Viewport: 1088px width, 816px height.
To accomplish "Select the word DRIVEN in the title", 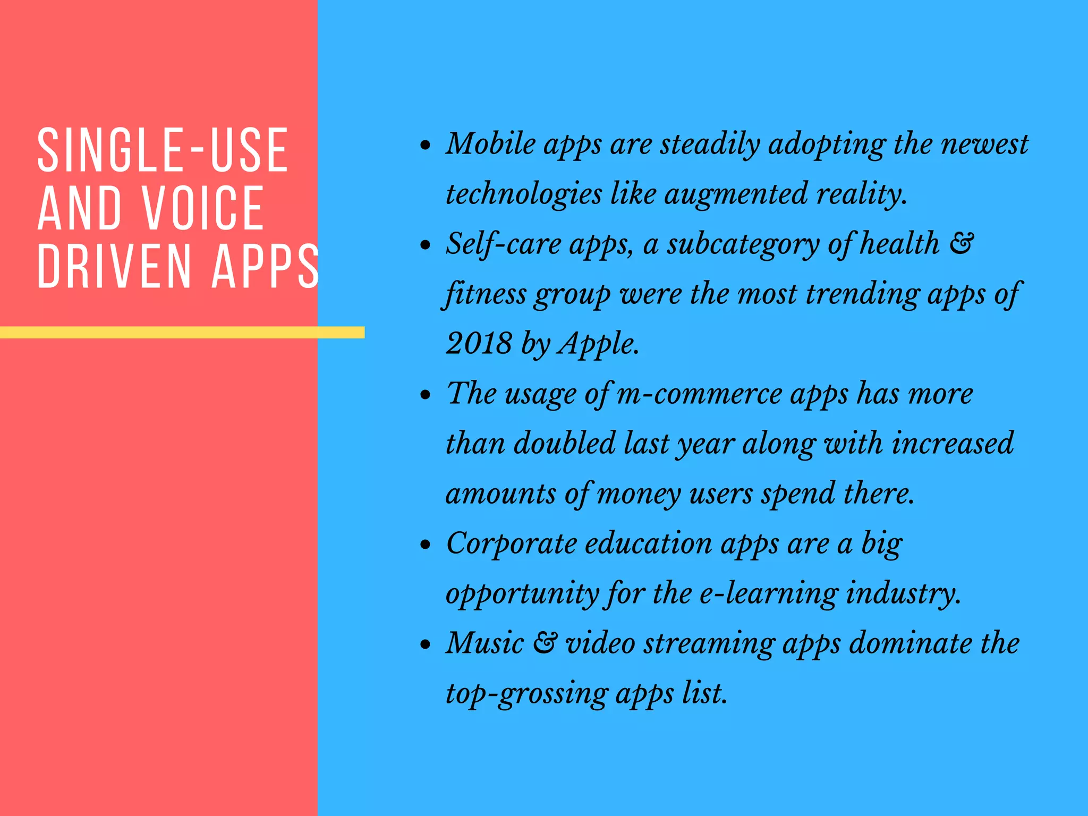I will coord(114,267).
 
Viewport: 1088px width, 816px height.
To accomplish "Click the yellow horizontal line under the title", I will coord(182,333).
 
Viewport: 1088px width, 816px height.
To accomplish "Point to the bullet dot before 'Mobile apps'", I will coord(424,144).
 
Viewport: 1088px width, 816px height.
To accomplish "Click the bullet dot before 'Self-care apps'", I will coord(424,245).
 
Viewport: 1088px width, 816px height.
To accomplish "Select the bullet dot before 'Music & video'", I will coord(424,644).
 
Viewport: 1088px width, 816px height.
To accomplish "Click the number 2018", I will coord(479,344).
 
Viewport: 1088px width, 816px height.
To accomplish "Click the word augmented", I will coord(736,194).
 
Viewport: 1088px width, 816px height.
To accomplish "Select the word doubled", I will coord(565,443).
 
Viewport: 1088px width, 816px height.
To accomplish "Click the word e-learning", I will coord(768,593).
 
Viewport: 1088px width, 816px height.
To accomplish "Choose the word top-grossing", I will coord(526,694).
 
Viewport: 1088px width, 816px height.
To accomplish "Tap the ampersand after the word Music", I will coord(545,643).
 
